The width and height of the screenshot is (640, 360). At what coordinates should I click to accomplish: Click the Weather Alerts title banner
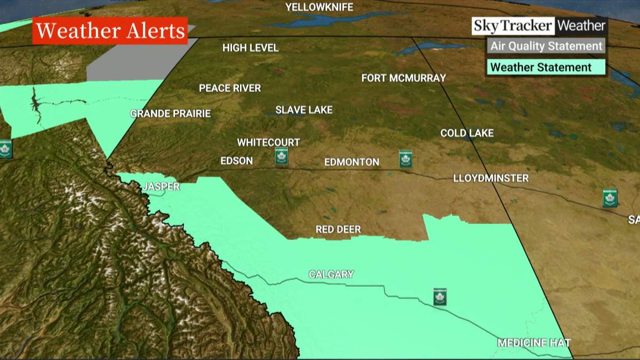pyautogui.click(x=110, y=31)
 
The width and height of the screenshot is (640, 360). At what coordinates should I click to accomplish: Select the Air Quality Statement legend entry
pyautogui.click(x=546, y=46)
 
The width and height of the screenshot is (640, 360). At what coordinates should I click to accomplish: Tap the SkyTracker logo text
pyautogui.click(x=513, y=26)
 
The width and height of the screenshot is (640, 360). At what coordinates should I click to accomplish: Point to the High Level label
pyautogui.click(x=251, y=48)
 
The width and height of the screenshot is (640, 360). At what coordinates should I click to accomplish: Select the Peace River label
pyautogui.click(x=230, y=88)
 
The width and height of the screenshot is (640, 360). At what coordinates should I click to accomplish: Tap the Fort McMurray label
pyautogui.click(x=403, y=78)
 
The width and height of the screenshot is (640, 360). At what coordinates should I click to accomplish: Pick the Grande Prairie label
pyautogui.click(x=171, y=114)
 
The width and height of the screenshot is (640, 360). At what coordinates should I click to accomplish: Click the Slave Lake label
pyautogui.click(x=304, y=110)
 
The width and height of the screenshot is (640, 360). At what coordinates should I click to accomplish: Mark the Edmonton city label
pyautogui.click(x=352, y=162)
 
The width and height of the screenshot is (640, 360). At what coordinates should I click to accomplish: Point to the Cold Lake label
pyautogui.click(x=467, y=133)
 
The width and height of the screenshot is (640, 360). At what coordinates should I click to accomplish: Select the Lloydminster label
pyautogui.click(x=491, y=178)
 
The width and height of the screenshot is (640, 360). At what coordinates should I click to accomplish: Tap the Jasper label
pyautogui.click(x=161, y=187)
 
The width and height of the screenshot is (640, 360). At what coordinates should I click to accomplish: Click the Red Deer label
pyautogui.click(x=338, y=229)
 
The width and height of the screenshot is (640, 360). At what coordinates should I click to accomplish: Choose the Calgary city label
pyautogui.click(x=331, y=274)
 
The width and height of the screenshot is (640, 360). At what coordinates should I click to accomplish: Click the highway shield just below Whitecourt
pyautogui.click(x=281, y=157)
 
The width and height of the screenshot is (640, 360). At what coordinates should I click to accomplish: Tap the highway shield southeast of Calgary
pyautogui.click(x=439, y=297)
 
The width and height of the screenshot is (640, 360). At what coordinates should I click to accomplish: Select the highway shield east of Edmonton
pyautogui.click(x=405, y=158)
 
